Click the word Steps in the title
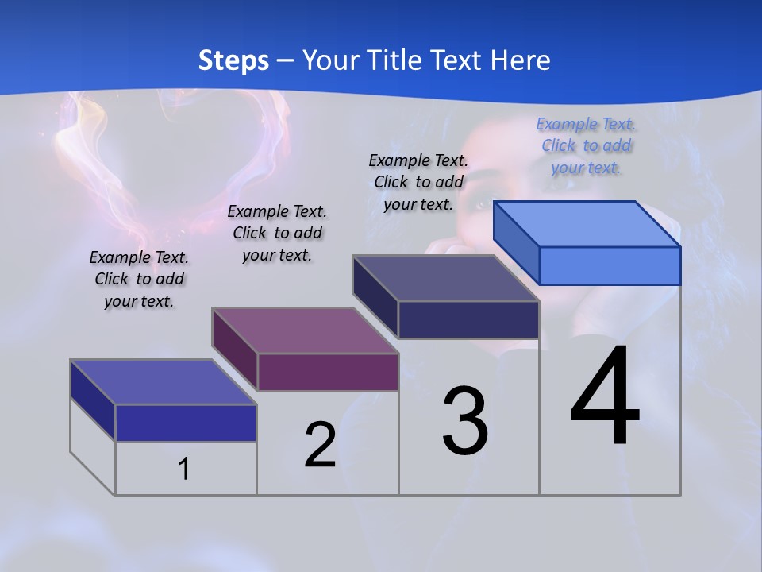coord(233,60)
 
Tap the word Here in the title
coord(518,60)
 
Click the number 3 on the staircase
coord(465,421)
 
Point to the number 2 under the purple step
coord(320,445)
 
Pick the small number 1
coord(184,469)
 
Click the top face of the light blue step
coord(587,223)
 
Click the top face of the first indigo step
coord(164,382)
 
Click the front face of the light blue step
coord(610,265)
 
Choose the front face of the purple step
coord(328,372)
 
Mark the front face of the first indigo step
coord(186,423)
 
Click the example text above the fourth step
coord(586,146)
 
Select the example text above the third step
coord(418,182)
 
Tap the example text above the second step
coord(277,233)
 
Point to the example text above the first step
coord(139,279)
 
